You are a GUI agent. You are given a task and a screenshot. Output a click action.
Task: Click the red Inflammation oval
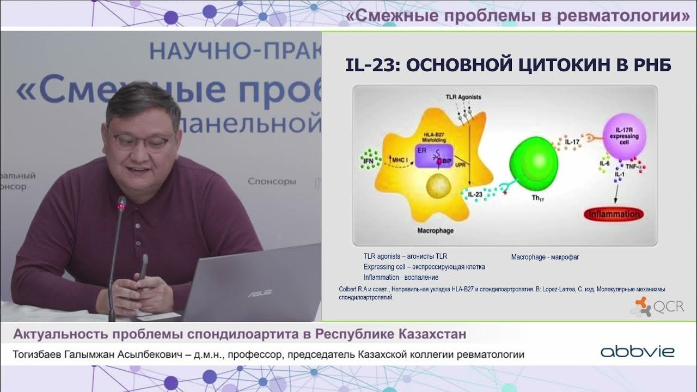pos(613,214)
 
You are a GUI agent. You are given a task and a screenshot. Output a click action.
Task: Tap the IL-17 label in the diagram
pos(572,143)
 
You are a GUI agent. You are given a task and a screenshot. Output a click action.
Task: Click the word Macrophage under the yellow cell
pos(435,230)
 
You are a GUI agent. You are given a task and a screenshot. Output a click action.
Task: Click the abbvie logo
pos(637,352)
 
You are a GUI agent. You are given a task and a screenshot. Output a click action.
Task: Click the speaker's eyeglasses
pos(141,140)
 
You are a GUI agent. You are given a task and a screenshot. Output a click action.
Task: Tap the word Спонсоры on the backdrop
pos(272,181)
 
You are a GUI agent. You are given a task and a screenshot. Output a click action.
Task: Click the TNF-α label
pos(635,166)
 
